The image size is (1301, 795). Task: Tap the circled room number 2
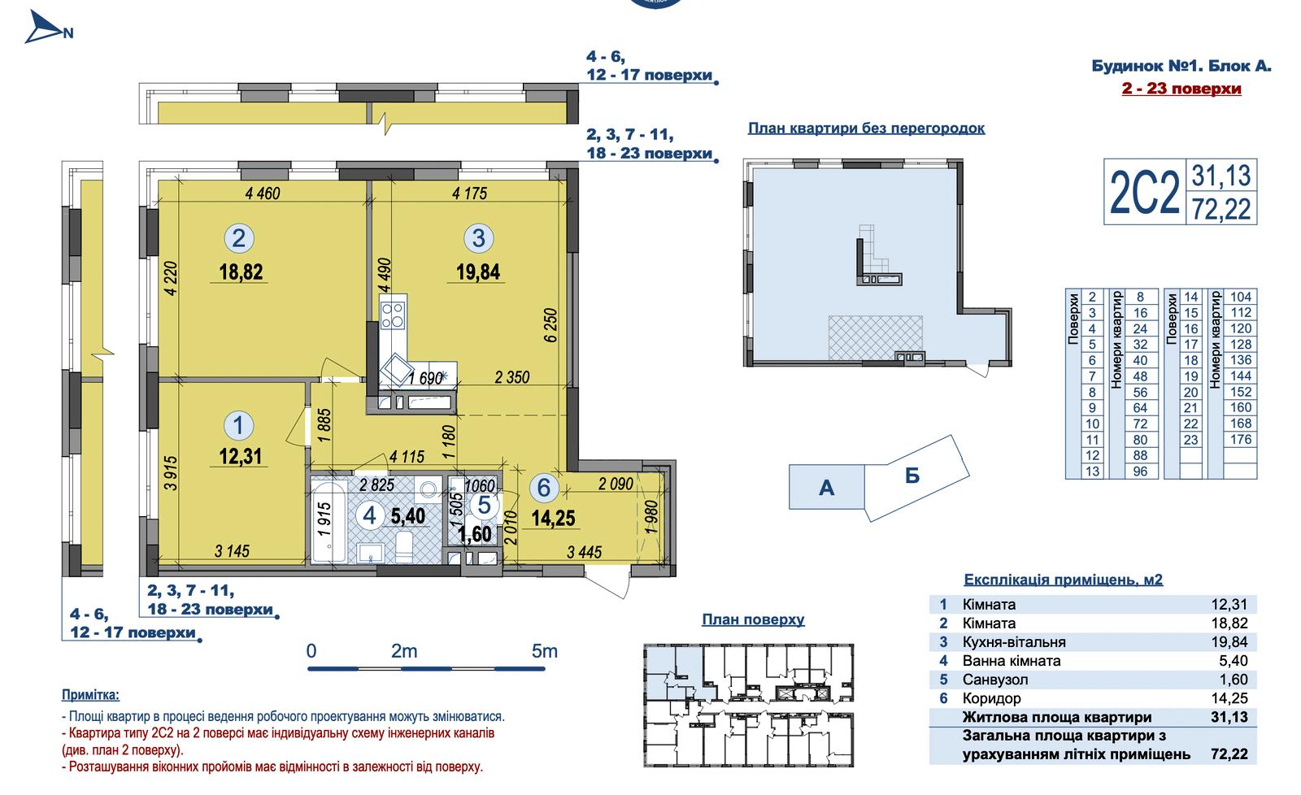[239, 238]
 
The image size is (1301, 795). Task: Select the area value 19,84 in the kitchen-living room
[477, 272]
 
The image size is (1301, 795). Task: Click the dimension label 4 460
[263, 193]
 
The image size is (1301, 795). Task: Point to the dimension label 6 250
[550, 325]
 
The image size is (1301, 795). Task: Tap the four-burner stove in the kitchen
[393, 314]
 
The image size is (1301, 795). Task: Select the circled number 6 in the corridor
[544, 488]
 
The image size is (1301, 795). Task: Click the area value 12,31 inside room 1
[240, 457]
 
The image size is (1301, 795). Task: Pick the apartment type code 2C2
[1144, 193]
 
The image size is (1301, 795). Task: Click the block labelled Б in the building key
[912, 476]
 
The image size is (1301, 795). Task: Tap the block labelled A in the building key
[826, 487]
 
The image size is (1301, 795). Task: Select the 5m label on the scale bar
[544, 651]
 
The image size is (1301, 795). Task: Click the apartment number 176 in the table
[1241, 440]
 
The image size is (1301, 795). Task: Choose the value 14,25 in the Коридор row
[1229, 698]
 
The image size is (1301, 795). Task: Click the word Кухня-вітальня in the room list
[1014, 642]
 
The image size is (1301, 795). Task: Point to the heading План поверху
[753, 619]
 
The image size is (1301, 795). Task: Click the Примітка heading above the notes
[90, 694]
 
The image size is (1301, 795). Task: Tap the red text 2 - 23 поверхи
[1181, 89]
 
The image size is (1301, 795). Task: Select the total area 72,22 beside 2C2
[1221, 209]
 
